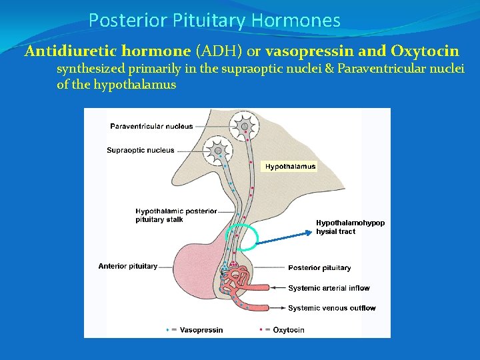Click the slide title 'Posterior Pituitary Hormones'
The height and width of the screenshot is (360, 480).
214,21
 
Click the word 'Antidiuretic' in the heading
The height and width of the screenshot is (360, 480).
65,51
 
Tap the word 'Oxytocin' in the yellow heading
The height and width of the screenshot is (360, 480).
425,51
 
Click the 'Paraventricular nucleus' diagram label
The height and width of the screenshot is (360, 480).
151,126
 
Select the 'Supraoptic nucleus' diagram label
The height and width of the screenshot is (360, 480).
140,150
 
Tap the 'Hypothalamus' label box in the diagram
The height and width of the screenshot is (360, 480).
290,167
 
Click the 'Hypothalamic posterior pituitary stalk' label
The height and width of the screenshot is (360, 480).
176,215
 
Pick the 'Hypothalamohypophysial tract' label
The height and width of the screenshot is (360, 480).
350,227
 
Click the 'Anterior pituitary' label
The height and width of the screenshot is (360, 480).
127,266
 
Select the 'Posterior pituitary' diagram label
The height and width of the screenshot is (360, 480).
319,268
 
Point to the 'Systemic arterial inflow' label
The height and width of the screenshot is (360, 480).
329,288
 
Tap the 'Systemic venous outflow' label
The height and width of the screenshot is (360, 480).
331,308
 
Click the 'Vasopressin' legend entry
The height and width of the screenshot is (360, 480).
201,330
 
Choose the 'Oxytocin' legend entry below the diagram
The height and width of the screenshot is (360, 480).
288,330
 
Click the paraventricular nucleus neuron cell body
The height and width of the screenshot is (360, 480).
244,126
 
